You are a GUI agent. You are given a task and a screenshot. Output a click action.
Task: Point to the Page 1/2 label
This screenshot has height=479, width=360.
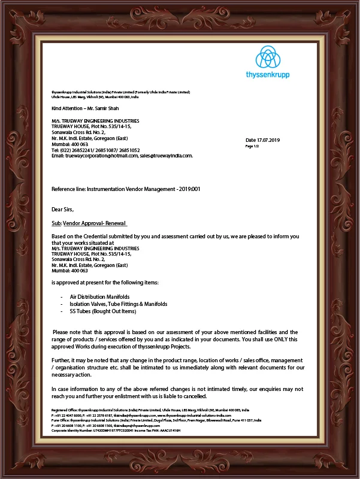252,146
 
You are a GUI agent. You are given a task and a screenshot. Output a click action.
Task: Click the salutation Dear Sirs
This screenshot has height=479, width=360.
62,210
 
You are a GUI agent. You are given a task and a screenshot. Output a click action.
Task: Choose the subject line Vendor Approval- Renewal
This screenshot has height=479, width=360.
95,222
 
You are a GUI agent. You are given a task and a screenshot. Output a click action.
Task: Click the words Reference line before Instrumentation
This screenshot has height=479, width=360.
68,189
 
